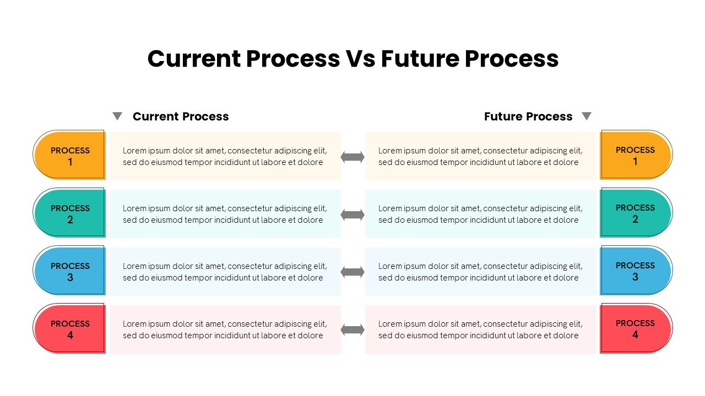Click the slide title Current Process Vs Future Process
[352, 59]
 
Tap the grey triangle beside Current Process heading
[117, 116]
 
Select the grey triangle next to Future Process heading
[587, 116]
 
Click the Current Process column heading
[181, 117]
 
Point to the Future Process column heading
[528, 117]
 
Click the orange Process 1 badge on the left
[70, 156]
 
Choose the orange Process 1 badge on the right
[636, 156]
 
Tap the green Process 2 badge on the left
[70, 213]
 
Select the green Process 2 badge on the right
[636, 213]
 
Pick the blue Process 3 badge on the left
[70, 271]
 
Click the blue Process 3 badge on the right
[636, 271]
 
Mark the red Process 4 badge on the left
[70, 329]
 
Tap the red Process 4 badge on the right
[636, 329]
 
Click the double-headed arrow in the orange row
[352, 157]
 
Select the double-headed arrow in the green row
[352, 215]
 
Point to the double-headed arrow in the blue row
[352, 272]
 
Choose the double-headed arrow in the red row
[352, 330]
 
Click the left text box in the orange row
[225, 156]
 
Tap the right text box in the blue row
[480, 272]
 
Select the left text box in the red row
[225, 329]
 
